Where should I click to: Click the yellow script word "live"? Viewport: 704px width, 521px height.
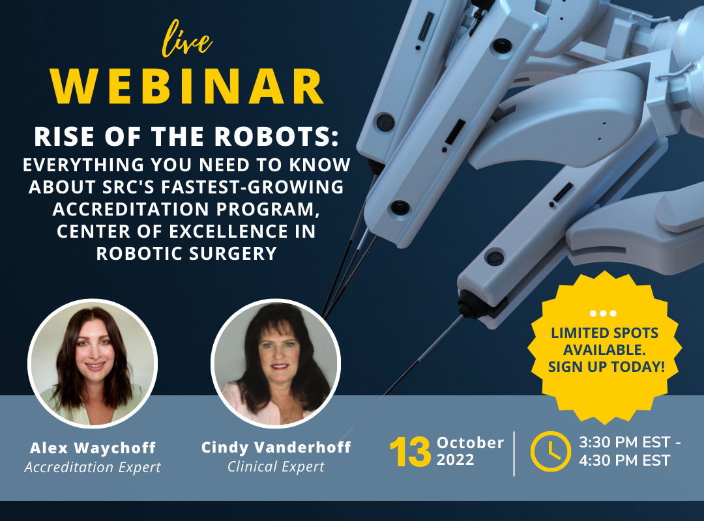tap(186, 40)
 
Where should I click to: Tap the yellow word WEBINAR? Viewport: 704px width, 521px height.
tap(187, 87)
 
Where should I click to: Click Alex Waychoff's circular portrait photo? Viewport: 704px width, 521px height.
tap(93, 363)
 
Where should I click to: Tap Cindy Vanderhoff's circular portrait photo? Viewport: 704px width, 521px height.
tap(276, 363)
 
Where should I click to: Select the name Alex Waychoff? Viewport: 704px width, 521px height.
tap(93, 448)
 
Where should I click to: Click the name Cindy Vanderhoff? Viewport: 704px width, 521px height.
tap(276, 447)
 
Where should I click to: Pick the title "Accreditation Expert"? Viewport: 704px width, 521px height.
tap(93, 467)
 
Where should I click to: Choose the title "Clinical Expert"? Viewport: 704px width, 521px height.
tap(276, 467)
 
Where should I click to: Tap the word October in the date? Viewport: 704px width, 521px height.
tap(470, 443)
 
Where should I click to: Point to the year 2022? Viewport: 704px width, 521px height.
tap(455, 460)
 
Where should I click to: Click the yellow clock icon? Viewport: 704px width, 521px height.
tap(550, 451)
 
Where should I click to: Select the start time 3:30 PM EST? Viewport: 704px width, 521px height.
tap(624, 442)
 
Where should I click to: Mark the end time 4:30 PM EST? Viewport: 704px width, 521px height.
tap(624, 460)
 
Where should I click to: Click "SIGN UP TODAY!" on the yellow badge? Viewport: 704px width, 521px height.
tap(606, 367)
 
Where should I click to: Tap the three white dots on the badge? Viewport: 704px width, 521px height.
tap(604, 313)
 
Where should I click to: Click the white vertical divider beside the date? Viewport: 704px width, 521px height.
tap(514, 454)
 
